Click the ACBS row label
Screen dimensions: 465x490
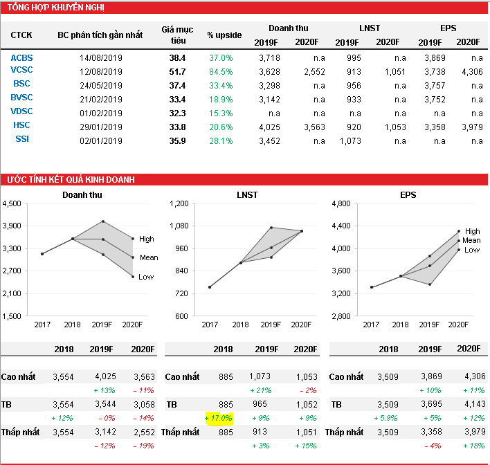click(x=21, y=57)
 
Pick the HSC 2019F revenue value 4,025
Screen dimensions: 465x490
click(x=266, y=127)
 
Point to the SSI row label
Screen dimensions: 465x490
click(x=21, y=140)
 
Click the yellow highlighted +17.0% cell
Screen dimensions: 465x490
click(x=219, y=418)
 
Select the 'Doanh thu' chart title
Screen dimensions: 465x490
click(x=81, y=195)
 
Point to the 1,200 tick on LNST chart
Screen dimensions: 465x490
click(x=179, y=204)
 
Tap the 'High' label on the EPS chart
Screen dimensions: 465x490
click(x=472, y=231)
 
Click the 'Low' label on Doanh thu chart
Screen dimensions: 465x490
click(x=146, y=277)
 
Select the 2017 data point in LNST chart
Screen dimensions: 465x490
click(x=210, y=286)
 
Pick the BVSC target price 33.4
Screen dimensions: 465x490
click(x=178, y=99)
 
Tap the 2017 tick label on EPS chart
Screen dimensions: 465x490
click(x=372, y=325)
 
